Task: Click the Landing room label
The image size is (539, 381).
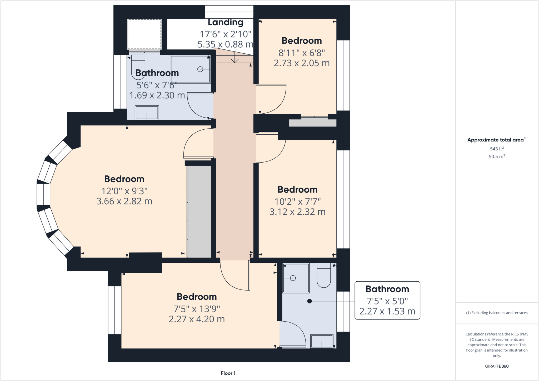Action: (x=225, y=22)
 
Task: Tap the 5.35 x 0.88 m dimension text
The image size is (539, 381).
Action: (x=225, y=44)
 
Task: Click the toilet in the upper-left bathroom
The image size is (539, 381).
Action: (x=138, y=66)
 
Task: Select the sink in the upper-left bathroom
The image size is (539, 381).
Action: (x=147, y=113)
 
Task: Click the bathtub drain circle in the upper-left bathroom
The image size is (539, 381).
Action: (x=200, y=69)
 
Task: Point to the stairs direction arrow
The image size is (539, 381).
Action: (x=235, y=58)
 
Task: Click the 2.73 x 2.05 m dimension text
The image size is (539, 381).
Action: (x=302, y=63)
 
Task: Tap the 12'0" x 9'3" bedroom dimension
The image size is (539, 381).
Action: (x=124, y=191)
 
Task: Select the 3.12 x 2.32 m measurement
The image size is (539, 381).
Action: (x=297, y=212)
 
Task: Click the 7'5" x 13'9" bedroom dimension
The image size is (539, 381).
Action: (x=197, y=309)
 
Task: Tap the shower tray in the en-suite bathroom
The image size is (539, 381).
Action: (x=296, y=278)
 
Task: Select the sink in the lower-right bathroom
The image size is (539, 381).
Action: (x=322, y=341)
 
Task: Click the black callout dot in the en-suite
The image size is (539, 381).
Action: (x=310, y=301)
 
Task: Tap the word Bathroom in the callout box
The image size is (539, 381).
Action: (x=387, y=289)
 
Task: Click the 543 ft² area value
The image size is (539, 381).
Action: (x=497, y=149)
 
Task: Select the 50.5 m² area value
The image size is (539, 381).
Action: (x=497, y=156)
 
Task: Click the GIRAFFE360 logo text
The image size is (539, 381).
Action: (x=497, y=366)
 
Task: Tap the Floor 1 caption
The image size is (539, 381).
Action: (x=228, y=373)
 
